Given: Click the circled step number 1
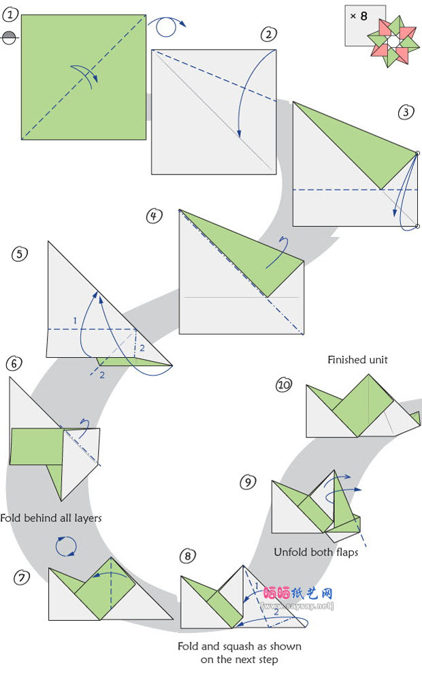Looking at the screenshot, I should coord(11,10).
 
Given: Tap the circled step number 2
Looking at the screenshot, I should coord(269,35).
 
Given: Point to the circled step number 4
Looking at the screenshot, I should coord(155,215).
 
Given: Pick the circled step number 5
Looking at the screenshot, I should coord(20,254).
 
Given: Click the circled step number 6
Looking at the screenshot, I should coord(14,364).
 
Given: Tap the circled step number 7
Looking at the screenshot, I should coord(22,577).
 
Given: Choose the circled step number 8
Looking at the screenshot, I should coord(189,556).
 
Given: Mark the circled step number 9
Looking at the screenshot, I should coord(248,482).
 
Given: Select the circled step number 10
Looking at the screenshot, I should coord(284,385).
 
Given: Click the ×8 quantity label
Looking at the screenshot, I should coord(358,15).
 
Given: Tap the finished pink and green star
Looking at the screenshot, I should coord(393,41).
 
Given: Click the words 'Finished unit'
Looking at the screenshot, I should coord(357,360).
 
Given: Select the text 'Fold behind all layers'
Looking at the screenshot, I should coord(51,518).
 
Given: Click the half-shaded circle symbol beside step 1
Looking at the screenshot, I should coord(9,38).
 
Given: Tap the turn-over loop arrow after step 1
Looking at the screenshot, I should coord(167,27).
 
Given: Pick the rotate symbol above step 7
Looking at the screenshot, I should coord(65,546).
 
